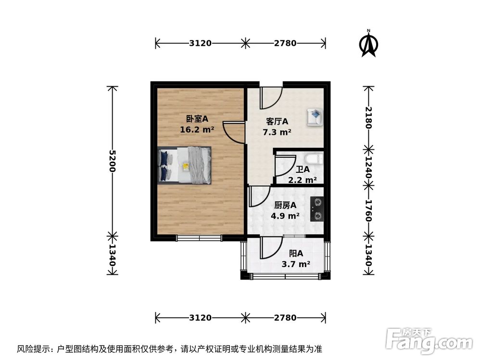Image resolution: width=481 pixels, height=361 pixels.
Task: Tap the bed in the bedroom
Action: pyautogui.click(x=185, y=165)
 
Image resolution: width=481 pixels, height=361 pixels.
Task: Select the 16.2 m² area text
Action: pyautogui.click(x=197, y=129)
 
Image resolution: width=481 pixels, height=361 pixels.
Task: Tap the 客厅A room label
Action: pyautogui.click(x=277, y=121)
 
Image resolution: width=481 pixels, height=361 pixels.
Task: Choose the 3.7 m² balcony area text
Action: pyautogui.click(x=295, y=264)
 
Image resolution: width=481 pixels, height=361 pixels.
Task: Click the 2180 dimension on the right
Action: pyautogui.click(x=368, y=117)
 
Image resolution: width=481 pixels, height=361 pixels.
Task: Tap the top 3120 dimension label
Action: pyautogui.click(x=200, y=43)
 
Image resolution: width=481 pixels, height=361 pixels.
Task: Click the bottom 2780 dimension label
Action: pyautogui.click(x=285, y=318)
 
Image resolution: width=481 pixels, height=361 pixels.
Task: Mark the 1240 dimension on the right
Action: pyautogui.click(x=368, y=166)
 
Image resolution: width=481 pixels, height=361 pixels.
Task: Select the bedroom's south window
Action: pyautogui.click(x=199, y=237)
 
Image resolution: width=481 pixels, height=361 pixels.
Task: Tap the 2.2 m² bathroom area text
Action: pyautogui.click(x=302, y=180)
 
